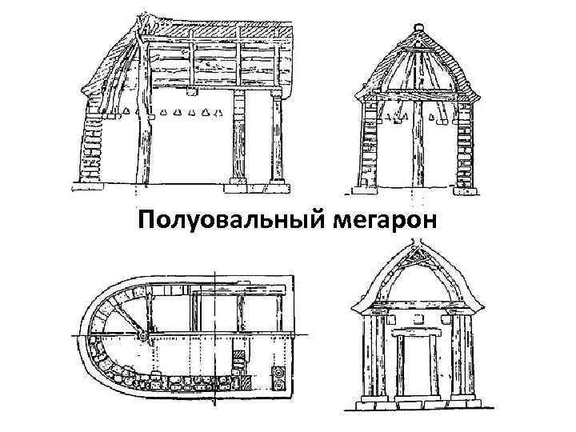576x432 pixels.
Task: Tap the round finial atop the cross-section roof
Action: pos(416,30)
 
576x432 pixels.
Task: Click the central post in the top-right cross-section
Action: pos(417,148)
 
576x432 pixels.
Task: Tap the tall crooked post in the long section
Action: pos(143,120)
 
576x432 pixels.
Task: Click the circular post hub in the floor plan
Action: pos(142,335)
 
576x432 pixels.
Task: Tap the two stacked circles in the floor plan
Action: pos(279,378)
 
